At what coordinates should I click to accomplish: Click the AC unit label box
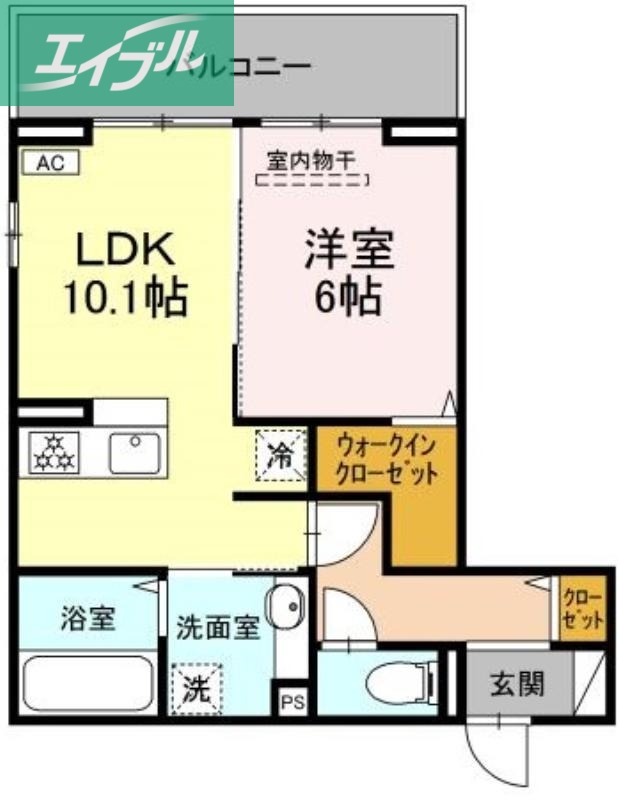tap(49, 162)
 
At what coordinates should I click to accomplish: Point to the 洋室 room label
tap(348, 248)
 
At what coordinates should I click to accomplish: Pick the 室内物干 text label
tap(312, 159)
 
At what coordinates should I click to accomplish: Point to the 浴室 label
tap(89, 618)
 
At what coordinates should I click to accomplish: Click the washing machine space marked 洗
tap(196, 689)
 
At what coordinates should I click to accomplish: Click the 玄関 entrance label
tap(518, 685)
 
